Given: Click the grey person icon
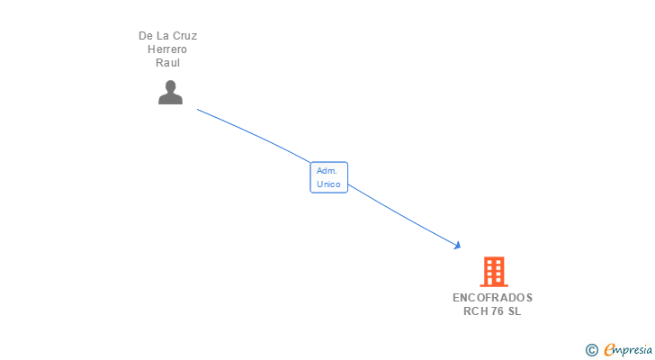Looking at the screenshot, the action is tap(170, 92).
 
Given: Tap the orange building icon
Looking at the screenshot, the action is tap(493, 272).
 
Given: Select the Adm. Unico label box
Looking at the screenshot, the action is tap(328, 177).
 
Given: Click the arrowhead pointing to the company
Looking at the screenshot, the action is tap(458, 245).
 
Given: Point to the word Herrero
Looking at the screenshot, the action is tap(167, 49).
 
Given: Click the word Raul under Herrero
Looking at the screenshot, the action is tap(167, 63).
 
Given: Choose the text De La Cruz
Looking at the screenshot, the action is tap(167, 36).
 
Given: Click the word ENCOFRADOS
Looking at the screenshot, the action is tap(492, 297).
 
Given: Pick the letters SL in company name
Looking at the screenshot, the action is tap(514, 311).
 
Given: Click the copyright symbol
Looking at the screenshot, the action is tap(591, 349).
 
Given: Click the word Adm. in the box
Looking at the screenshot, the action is tap(327, 170).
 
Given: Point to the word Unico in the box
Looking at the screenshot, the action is tap(328, 184).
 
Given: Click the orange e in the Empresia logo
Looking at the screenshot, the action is tap(610, 349).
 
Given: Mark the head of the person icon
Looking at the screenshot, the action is tap(170, 85).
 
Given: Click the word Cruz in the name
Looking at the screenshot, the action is tap(184, 36).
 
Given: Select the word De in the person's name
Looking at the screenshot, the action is tap(145, 36).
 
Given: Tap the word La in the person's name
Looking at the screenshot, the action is tap(162, 36).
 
